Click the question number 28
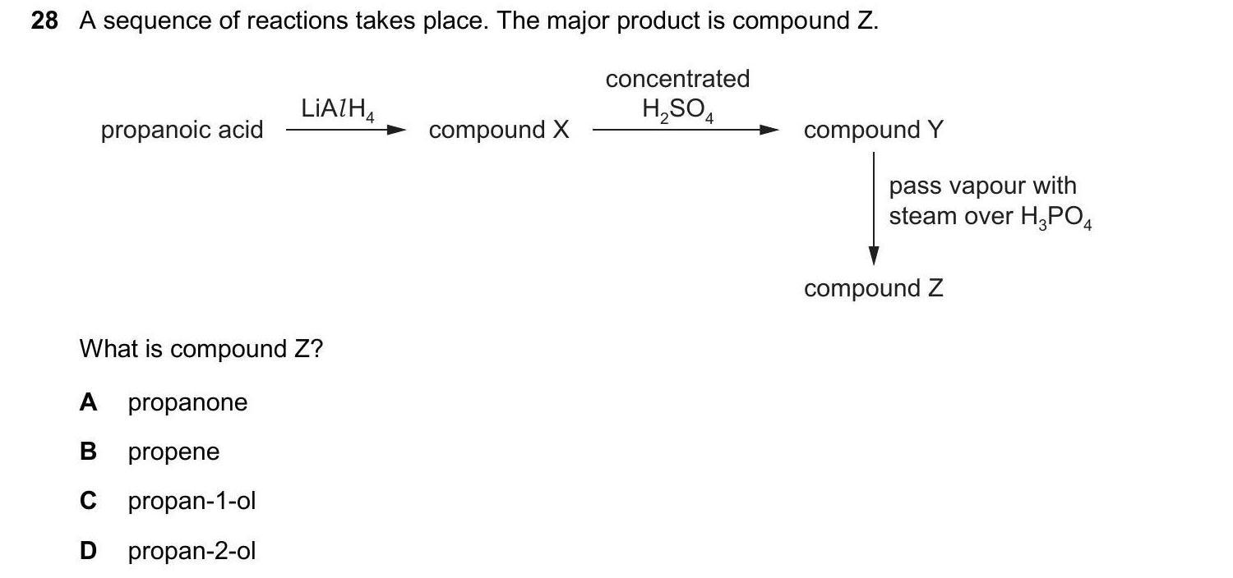tap(44, 21)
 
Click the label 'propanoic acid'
tap(182, 130)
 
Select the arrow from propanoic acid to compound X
tap(345, 130)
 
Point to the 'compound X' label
tap(499, 130)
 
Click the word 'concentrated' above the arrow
tap(677, 79)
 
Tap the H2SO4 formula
tap(677, 109)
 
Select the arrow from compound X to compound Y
tap(686, 130)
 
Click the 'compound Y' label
tap(874, 130)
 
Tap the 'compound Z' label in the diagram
tap(874, 288)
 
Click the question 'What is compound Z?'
tap(201, 349)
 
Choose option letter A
tap(89, 402)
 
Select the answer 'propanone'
tap(187, 402)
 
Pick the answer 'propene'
tap(173, 452)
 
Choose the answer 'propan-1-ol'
tap(192, 501)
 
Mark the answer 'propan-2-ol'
tap(192, 550)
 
